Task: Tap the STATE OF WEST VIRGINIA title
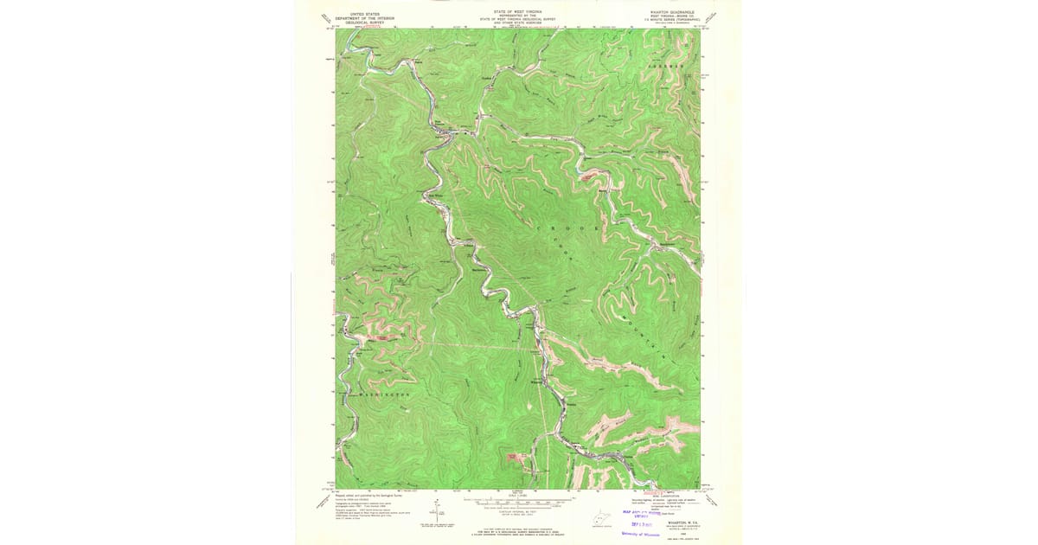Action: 516,13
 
